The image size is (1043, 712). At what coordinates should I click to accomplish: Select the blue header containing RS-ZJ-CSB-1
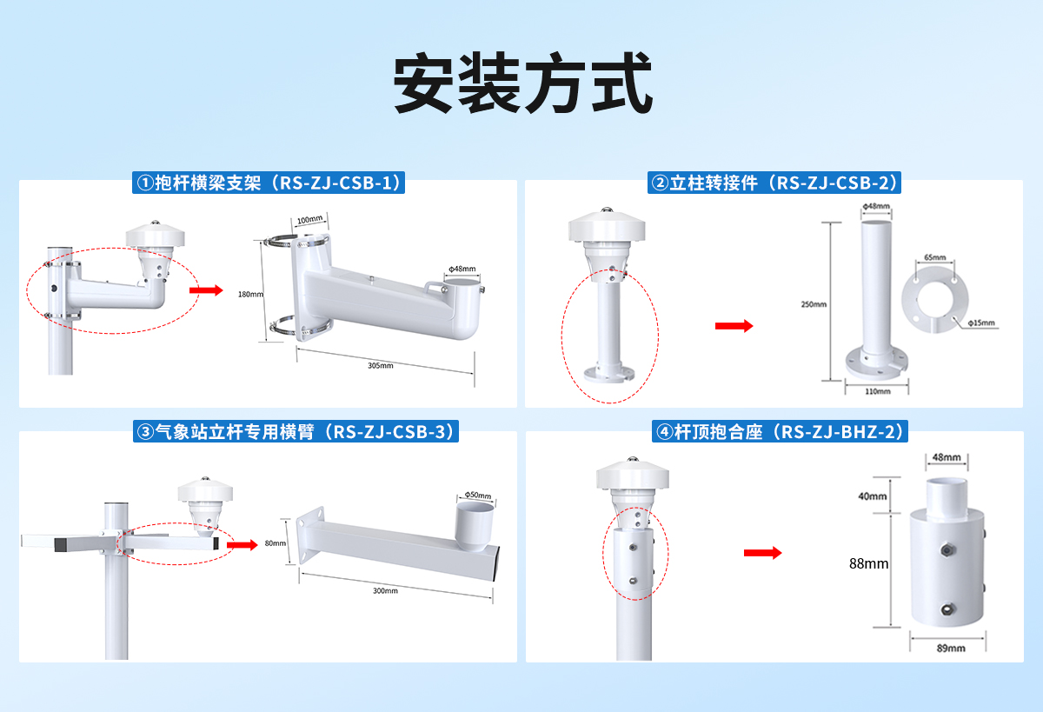point(269,183)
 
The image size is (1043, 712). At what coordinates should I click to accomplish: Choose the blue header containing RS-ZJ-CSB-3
point(296,431)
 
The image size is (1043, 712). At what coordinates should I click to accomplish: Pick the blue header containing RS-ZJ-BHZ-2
point(779,431)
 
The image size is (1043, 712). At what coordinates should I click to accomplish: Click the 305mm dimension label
point(381,366)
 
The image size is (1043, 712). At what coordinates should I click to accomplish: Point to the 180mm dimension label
point(250,294)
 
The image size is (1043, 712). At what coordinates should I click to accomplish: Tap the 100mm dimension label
point(309,219)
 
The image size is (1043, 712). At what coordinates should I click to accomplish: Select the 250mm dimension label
point(814,304)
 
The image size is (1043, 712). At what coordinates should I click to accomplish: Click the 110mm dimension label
point(878,391)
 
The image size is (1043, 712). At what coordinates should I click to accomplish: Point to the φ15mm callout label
point(980,323)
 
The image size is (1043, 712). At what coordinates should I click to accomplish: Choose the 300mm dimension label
point(385,591)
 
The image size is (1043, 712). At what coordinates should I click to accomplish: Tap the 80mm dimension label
point(275,543)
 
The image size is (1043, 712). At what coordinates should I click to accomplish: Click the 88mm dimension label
point(869,563)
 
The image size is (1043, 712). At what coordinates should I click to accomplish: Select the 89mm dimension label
point(951,648)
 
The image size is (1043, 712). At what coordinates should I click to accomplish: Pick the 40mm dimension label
point(873,496)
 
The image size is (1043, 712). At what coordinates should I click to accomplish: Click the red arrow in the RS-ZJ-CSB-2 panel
point(734,325)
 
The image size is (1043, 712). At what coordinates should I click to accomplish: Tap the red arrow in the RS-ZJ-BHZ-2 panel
point(763,553)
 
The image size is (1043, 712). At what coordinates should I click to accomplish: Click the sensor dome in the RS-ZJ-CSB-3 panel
point(205,491)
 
